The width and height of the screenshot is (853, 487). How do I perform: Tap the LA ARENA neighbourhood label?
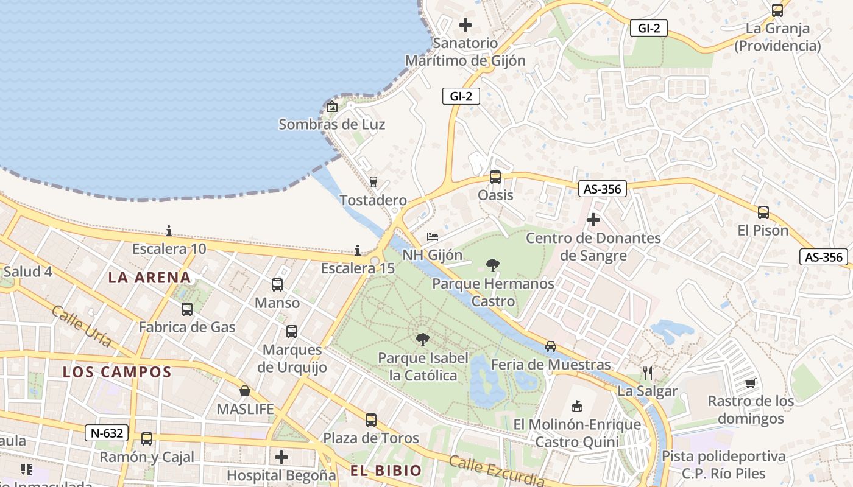coord(149,278)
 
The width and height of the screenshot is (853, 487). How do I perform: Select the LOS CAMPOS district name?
coord(117,372)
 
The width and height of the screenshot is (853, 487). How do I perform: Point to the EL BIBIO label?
coord(386,470)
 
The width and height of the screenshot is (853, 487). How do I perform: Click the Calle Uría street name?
coord(82,327)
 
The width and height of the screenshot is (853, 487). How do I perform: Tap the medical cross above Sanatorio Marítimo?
coord(465,25)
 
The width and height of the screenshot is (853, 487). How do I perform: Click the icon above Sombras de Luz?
coord(332,107)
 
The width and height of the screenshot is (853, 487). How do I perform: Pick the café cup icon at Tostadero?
coord(373,181)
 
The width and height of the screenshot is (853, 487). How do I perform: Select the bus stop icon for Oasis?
coord(495,177)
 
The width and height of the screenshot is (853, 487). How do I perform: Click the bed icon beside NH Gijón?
coord(433,236)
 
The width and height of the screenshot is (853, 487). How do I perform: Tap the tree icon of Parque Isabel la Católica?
coord(422,340)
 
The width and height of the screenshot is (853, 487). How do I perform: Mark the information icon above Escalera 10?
coord(169,231)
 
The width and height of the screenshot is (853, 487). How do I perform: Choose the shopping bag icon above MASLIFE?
coord(245,391)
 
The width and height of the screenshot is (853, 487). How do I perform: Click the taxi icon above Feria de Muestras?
coord(551,346)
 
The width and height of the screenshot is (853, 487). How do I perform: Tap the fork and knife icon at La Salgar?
coord(647,373)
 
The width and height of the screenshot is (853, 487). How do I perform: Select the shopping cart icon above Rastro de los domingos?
coord(751,383)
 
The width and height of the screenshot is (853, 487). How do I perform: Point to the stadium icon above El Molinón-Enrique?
coord(576,406)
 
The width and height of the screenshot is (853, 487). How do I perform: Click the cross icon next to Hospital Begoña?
coord(281,457)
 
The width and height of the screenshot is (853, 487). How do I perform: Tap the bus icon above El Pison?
coord(763,212)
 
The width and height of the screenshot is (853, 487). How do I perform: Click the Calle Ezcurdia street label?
coord(497,471)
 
